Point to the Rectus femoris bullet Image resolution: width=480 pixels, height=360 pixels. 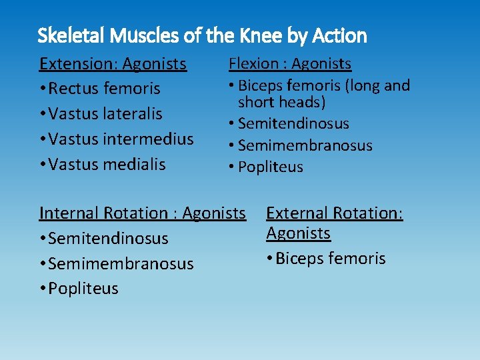point(104,89)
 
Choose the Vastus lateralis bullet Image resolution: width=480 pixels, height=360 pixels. point(105,114)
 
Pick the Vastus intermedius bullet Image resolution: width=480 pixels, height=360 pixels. point(121,139)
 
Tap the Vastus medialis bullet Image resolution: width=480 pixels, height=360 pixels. point(107,164)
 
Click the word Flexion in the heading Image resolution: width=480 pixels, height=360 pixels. point(254,64)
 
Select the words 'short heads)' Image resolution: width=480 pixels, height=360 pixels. point(282,102)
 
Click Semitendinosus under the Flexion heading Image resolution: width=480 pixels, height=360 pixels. point(293,123)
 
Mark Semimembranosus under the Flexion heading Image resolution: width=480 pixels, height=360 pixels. point(305,145)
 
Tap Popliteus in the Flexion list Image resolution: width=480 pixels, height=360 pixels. point(270,167)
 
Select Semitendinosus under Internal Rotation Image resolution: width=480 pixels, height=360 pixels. point(108,239)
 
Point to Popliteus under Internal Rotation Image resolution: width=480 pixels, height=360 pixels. point(83,289)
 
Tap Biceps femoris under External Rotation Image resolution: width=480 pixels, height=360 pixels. point(330,259)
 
